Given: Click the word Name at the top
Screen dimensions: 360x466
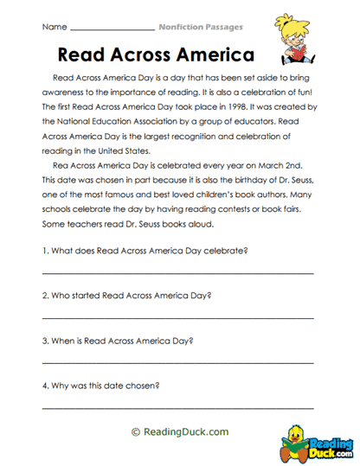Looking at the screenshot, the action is coord(53,28).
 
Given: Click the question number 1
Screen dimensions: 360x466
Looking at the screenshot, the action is coord(44,251).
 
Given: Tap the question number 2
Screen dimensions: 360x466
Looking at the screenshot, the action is coord(44,295).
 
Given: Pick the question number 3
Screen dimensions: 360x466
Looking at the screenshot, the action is coord(44,340).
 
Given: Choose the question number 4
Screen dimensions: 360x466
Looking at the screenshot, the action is coord(44,385).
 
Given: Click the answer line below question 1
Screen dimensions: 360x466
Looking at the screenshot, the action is coord(177,273).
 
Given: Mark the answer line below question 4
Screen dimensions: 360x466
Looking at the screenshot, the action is coord(177,407).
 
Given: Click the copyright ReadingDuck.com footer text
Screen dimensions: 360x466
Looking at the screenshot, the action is coord(179,431).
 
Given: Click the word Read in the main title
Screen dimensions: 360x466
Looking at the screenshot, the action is coord(83,54).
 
